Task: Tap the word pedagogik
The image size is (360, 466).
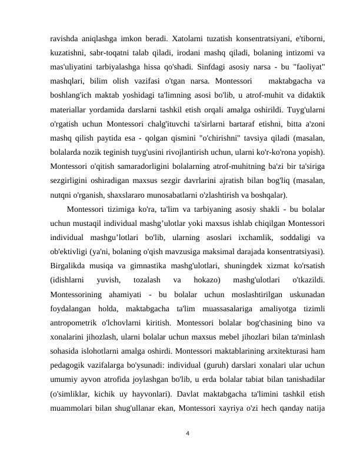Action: [x=72, y=368]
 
